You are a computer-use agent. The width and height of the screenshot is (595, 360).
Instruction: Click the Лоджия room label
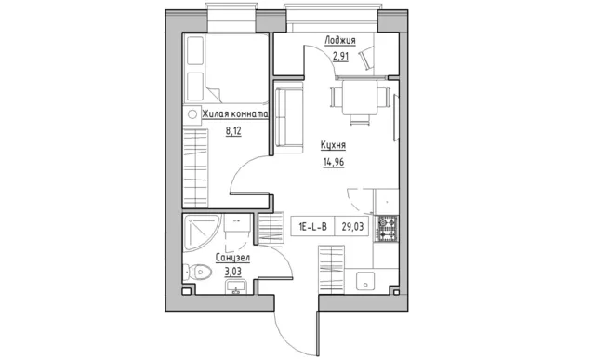click(x=339, y=40)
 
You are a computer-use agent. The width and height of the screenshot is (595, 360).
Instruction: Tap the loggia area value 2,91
click(x=340, y=57)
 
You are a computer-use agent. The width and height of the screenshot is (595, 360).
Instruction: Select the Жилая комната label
click(x=234, y=113)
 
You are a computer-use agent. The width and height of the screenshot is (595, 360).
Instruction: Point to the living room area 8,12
click(x=233, y=131)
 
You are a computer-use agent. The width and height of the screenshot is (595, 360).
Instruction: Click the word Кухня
click(x=333, y=145)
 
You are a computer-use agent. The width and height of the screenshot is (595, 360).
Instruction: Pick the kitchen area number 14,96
click(x=334, y=162)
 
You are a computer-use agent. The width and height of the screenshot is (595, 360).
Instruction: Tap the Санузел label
click(x=232, y=258)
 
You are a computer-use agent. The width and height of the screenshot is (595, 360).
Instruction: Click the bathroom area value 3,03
click(x=233, y=272)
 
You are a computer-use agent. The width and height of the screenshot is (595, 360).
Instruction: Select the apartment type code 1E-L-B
click(x=312, y=227)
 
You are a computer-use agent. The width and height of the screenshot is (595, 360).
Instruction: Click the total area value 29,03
click(x=352, y=227)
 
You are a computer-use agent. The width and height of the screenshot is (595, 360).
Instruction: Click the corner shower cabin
click(x=201, y=232)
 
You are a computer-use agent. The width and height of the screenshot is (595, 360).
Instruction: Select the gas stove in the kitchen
click(x=387, y=229)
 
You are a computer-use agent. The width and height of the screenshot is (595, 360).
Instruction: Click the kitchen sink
click(x=365, y=281)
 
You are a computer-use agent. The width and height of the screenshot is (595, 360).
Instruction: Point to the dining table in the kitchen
click(x=360, y=98)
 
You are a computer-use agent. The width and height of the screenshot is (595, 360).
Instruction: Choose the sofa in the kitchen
click(x=289, y=117)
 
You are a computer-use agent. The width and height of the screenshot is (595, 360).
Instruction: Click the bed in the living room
click(x=226, y=68)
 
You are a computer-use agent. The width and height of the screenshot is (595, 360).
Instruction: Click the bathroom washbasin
click(x=236, y=287)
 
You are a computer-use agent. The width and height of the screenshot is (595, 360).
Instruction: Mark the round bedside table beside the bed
click(x=192, y=113)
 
